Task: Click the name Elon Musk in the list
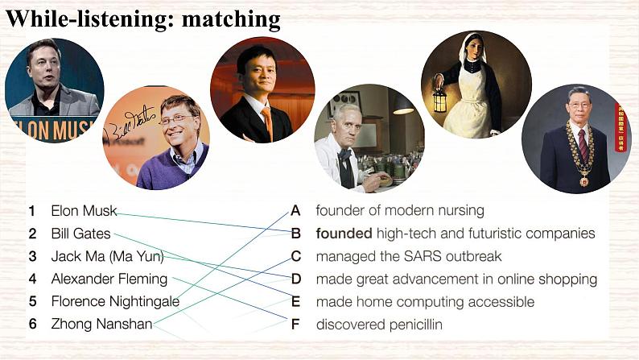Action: click(x=84, y=211)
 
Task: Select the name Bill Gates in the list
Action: click(x=80, y=234)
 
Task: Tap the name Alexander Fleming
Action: click(x=109, y=279)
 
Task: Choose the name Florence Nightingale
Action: click(x=114, y=301)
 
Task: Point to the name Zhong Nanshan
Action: click(x=101, y=324)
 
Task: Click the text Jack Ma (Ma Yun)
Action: click(x=107, y=256)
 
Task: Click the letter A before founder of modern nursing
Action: click(x=295, y=211)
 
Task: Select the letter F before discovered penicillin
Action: click(x=295, y=325)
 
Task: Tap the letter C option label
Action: click(x=295, y=256)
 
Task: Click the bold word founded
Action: click(x=344, y=234)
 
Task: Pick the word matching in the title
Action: click(x=231, y=19)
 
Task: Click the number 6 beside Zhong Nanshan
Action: click(x=32, y=324)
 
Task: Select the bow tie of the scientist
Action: click(x=345, y=154)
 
